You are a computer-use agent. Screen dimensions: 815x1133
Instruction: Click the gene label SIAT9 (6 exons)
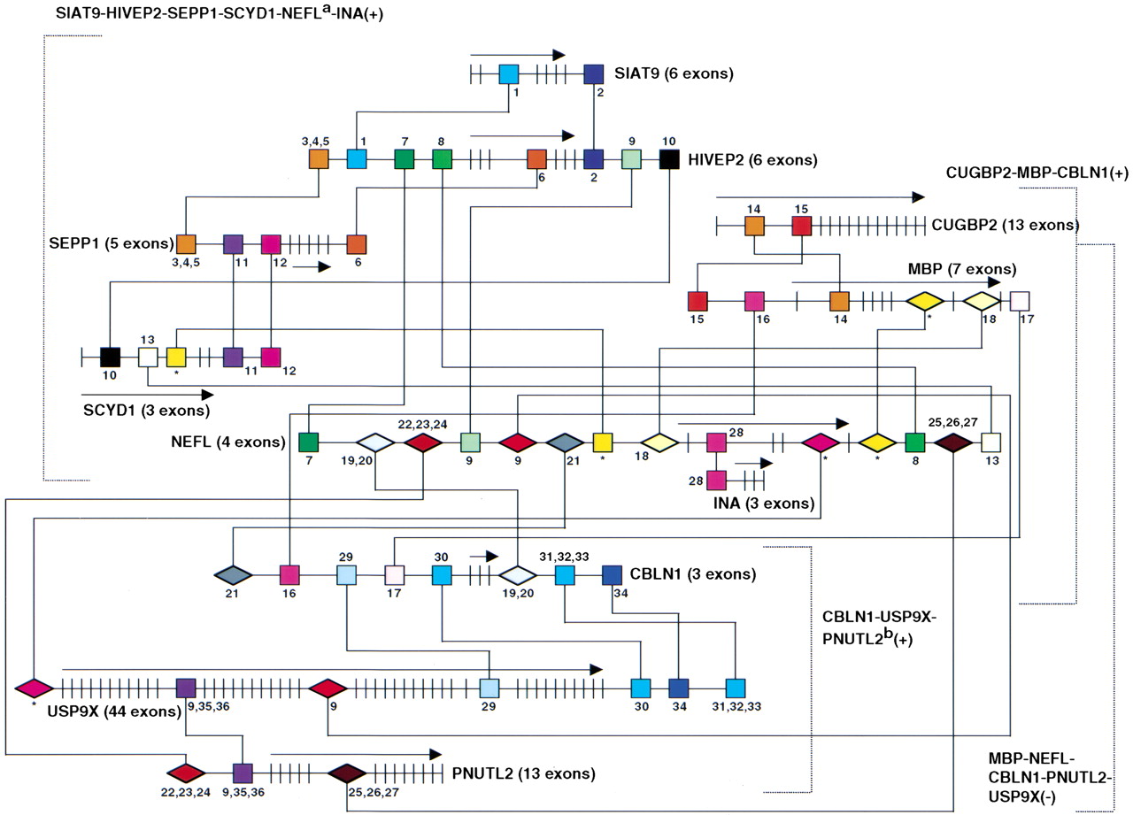pyautogui.click(x=674, y=73)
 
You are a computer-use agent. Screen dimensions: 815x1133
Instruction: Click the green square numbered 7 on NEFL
pyautogui.click(x=309, y=441)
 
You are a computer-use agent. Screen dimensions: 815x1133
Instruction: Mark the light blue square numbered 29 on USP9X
pyautogui.click(x=489, y=688)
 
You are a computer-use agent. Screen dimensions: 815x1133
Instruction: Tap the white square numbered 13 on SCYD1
pyautogui.click(x=148, y=357)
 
